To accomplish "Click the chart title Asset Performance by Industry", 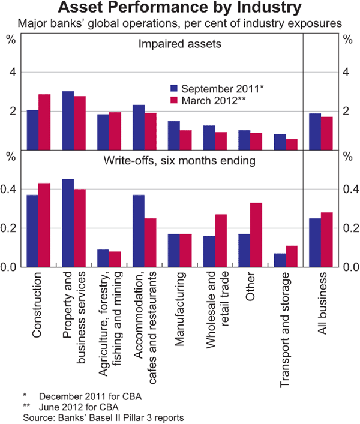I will [180, 9].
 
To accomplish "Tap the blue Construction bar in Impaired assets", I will [32, 130].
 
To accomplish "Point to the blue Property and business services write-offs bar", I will [68, 223].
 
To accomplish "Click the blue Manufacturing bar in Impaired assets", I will [173, 135].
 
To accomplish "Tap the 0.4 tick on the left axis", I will [10, 189].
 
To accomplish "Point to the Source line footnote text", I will [103, 416].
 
